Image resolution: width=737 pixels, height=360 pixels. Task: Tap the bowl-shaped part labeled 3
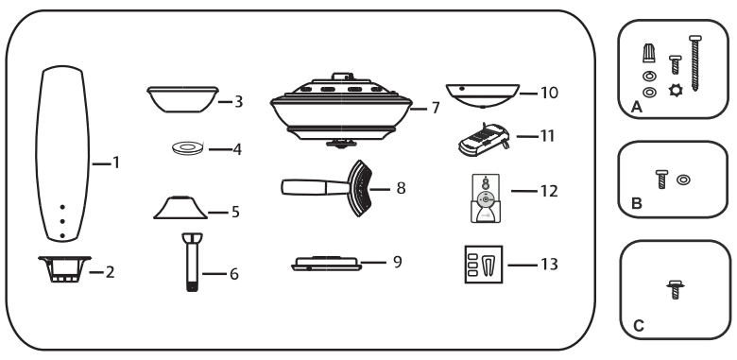182,97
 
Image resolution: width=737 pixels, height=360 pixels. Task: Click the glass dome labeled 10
478,95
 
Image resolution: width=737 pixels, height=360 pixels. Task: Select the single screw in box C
676,290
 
